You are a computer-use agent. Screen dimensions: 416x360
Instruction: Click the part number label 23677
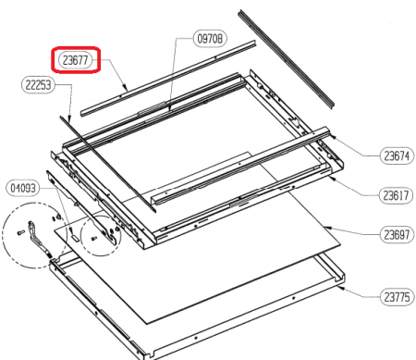76,60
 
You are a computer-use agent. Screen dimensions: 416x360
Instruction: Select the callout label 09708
210,39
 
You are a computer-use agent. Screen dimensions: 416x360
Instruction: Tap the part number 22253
38,84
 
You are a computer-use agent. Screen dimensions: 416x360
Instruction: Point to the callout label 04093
23,188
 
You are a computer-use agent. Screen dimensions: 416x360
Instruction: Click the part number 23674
397,155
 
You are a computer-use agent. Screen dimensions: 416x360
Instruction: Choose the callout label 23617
396,195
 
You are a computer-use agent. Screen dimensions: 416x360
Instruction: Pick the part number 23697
397,235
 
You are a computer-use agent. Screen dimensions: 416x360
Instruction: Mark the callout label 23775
398,297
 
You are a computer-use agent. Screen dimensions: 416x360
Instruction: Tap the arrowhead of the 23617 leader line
332,177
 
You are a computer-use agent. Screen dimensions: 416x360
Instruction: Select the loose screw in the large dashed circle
20,232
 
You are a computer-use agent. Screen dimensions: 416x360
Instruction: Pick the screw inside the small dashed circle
94,238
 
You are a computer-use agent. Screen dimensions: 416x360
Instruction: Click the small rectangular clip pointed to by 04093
75,238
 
